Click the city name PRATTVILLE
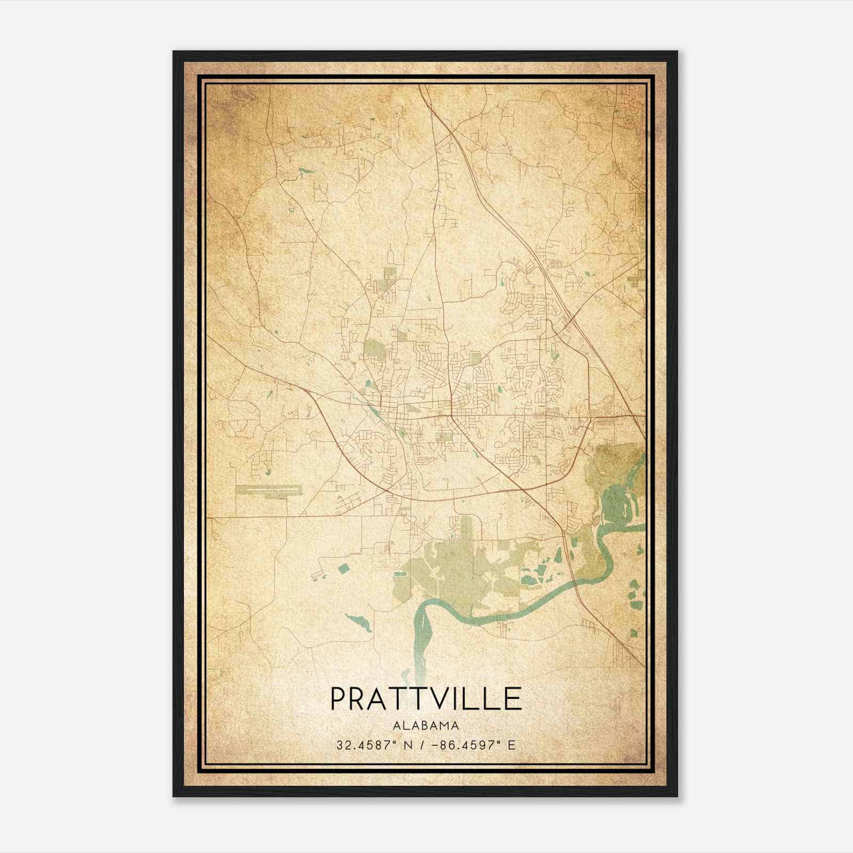pos(426,699)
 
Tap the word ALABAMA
pos(426,726)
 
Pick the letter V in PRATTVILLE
pos(443,699)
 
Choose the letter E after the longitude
pos(512,745)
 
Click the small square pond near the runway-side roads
pos(342,569)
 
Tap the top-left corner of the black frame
pos(174,52)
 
